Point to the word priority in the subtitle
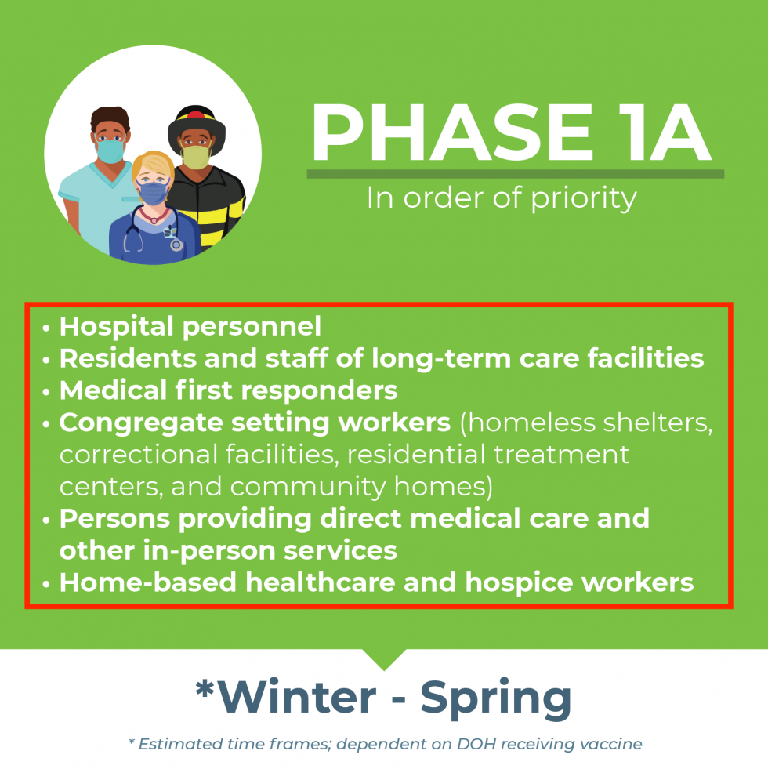point(584,199)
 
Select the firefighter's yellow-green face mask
point(196,157)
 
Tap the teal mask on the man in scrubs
point(110,151)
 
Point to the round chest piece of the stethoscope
point(176,245)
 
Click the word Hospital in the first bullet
point(116,327)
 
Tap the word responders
point(319,391)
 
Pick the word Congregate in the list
point(141,423)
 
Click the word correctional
point(138,455)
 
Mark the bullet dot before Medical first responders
point(46,393)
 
